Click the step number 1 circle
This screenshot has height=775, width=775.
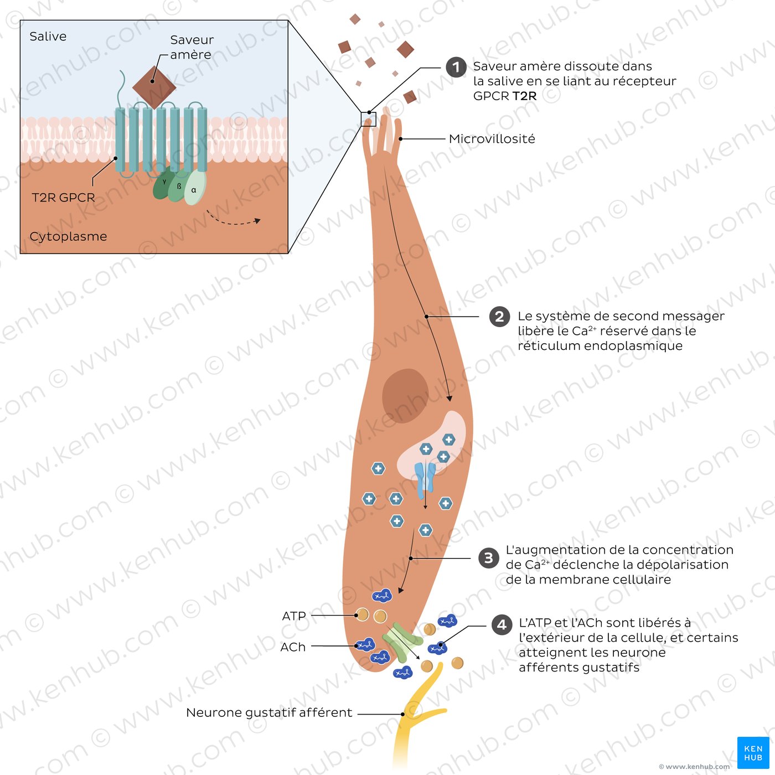tap(456, 68)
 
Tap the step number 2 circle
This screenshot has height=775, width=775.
tap(499, 317)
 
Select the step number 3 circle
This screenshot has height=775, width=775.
tap(488, 558)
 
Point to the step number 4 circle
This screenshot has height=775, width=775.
tap(502, 625)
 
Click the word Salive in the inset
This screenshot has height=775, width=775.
tap(48, 37)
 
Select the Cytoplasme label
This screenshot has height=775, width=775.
tap(68, 236)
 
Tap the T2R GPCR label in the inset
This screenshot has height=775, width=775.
tap(63, 198)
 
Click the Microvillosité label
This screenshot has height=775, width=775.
tap(492, 139)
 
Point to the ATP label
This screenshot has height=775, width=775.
tap(294, 616)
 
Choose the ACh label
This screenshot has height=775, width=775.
tap(293, 647)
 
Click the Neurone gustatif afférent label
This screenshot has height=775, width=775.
tap(269, 713)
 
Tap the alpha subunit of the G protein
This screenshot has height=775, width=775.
tap(194, 188)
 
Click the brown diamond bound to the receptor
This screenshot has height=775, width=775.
tap(154, 87)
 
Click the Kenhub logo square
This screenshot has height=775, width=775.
tap(753, 753)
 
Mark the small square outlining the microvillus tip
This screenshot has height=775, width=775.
tap(368, 119)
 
